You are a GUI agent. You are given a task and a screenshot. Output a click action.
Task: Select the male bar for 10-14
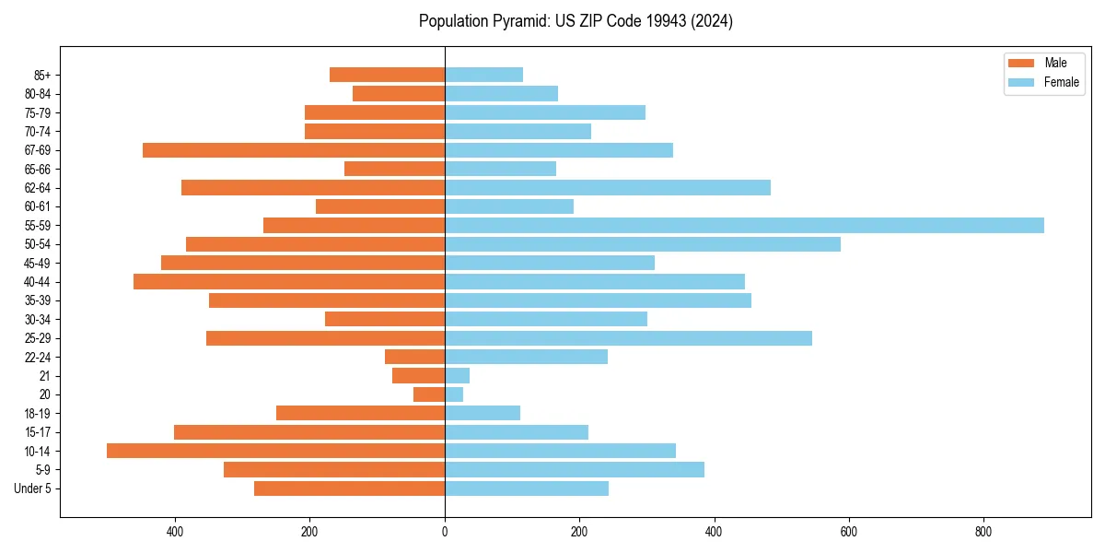pyautogui.click(x=276, y=451)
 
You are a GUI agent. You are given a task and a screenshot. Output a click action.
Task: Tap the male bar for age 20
pyautogui.click(x=429, y=394)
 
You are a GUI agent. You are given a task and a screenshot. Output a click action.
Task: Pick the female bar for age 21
pyautogui.click(x=457, y=376)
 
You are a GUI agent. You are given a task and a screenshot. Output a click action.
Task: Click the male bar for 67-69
pyautogui.click(x=294, y=150)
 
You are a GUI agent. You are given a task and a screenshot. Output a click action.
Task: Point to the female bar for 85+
pyautogui.click(x=483, y=75)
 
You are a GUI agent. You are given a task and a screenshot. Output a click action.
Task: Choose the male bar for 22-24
pyautogui.click(x=415, y=357)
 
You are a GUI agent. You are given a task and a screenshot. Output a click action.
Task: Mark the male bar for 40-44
pyautogui.click(x=289, y=282)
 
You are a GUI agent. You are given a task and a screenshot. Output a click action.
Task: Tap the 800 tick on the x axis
pyautogui.click(x=983, y=532)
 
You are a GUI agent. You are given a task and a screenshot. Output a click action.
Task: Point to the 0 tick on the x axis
pyautogui.click(x=445, y=532)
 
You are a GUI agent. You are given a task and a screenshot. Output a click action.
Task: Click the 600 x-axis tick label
pyautogui.click(x=849, y=532)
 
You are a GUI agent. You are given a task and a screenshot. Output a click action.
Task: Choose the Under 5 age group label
pyautogui.click(x=32, y=488)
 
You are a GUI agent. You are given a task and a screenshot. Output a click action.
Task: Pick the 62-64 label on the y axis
pyautogui.click(x=38, y=188)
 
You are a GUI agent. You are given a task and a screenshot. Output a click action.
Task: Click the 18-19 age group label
pyautogui.click(x=38, y=414)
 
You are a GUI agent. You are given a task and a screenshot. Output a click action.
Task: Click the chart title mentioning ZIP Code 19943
pyautogui.click(x=576, y=21)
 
